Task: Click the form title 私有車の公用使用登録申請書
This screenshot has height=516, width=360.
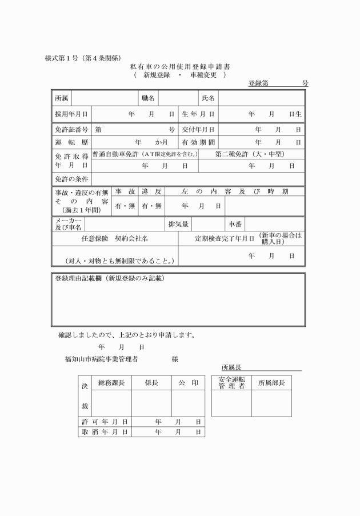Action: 180,67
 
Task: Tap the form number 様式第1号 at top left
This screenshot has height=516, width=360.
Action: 83,58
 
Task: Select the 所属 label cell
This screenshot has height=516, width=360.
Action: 61,98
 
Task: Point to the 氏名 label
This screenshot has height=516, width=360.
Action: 208,98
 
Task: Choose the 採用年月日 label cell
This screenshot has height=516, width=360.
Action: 71,114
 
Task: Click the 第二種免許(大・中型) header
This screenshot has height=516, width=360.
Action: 250,154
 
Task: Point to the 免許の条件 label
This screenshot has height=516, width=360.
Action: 71,179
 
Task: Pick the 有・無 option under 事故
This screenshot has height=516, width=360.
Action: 125,205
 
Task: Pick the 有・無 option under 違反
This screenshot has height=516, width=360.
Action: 152,205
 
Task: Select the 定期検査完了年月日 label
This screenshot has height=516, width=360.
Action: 225,238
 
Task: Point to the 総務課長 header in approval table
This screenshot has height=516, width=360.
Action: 111,382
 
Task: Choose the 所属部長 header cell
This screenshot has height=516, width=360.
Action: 271,382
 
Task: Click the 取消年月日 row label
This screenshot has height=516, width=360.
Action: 104,432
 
